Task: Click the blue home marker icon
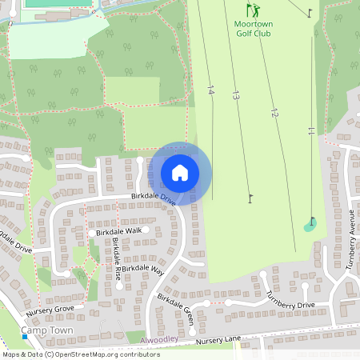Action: click(x=180, y=173)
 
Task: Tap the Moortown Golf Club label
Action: click(x=254, y=29)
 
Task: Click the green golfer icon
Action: click(x=253, y=10)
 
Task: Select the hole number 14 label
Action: click(x=210, y=90)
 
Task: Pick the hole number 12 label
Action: click(x=274, y=113)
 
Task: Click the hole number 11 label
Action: click(x=310, y=131)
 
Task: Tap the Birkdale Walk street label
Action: click(x=118, y=230)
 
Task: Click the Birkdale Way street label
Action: click(x=142, y=270)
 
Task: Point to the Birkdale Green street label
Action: click(x=175, y=307)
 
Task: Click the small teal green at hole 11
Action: click(x=310, y=226)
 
